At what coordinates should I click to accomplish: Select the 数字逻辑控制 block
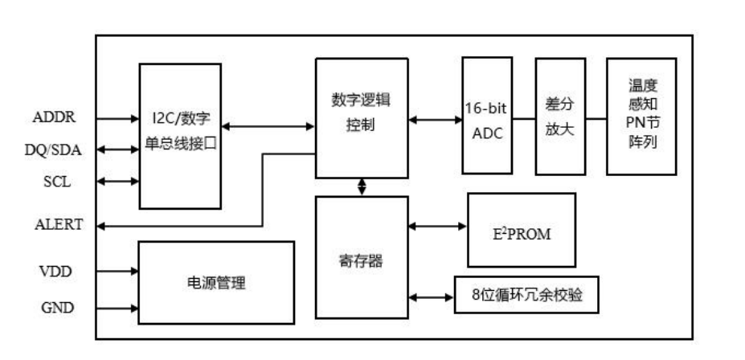[361, 117]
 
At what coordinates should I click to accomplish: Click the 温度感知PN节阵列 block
[641, 116]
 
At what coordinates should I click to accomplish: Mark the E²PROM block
[521, 230]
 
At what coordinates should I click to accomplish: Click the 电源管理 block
[215, 283]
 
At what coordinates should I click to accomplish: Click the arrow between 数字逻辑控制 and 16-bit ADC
[434, 121]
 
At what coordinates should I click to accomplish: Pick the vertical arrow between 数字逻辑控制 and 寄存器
[361, 186]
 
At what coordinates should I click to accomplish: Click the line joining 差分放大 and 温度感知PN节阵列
[596, 120]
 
